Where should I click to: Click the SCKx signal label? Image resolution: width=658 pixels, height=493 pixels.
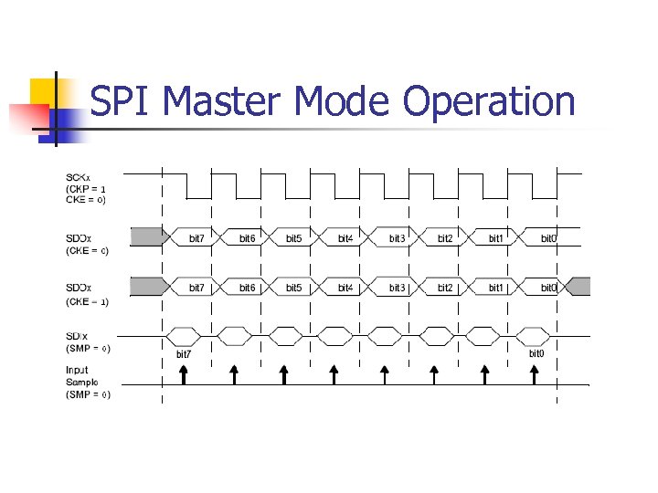(78, 177)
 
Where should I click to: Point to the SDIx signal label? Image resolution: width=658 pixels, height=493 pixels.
(77, 336)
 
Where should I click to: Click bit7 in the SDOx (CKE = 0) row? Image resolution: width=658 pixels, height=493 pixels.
(196, 238)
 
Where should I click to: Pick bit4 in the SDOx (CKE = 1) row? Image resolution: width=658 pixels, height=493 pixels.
(345, 288)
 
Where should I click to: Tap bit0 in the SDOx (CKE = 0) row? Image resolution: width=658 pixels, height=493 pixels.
(548, 238)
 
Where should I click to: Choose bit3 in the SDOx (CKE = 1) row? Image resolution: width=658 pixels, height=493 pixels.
(397, 288)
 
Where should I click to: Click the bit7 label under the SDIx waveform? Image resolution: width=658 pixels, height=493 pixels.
(184, 354)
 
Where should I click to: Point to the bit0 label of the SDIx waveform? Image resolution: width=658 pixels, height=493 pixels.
(536, 353)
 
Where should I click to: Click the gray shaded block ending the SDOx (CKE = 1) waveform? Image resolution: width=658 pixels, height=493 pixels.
(578, 287)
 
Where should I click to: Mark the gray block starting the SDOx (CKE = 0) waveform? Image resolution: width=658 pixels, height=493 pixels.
(146, 237)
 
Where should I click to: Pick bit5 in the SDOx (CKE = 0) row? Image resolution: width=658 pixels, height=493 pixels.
(293, 238)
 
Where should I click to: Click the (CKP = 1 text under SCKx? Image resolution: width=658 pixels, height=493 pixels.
(91, 188)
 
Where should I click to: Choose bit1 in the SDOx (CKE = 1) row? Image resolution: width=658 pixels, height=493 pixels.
(495, 288)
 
